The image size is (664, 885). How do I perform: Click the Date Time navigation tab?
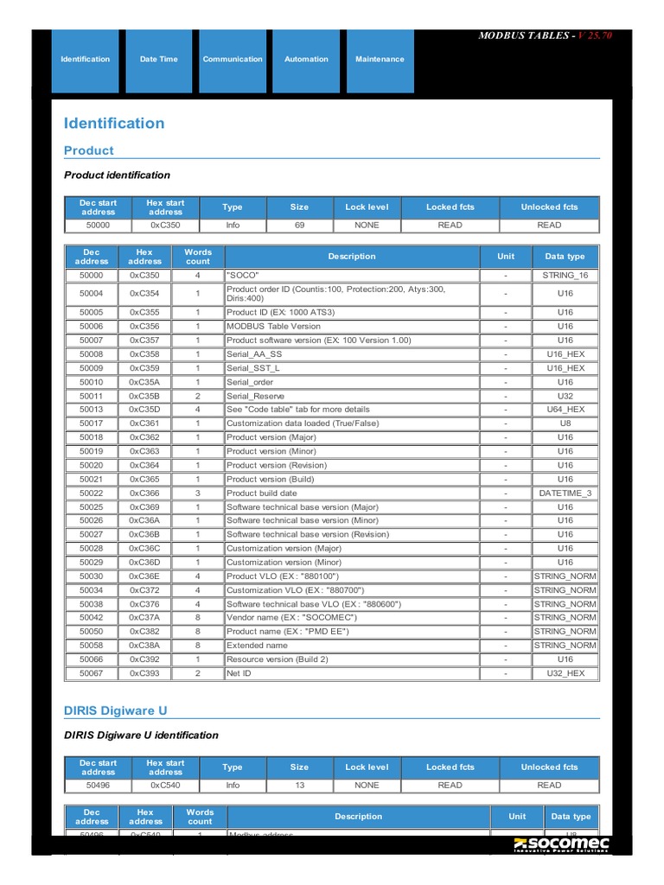pyautogui.click(x=158, y=60)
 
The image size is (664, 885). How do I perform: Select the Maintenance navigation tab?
pyautogui.click(x=379, y=60)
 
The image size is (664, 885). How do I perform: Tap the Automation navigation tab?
pyautogui.click(x=306, y=60)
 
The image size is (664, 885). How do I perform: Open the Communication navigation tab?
pyautogui.click(x=233, y=60)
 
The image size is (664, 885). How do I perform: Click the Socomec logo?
pyautogui.click(x=561, y=844)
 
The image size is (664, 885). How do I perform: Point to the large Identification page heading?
pyautogui.click(x=114, y=124)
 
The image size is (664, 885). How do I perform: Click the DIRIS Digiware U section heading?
pyautogui.click(x=116, y=710)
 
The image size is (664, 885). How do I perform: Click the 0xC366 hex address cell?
pyautogui.click(x=144, y=493)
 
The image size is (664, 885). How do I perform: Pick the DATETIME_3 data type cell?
pyautogui.click(x=565, y=493)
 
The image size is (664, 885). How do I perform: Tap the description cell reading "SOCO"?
pyautogui.click(x=243, y=276)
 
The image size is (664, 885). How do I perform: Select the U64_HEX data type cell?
pyautogui.click(x=565, y=410)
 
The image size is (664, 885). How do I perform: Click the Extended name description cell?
pyautogui.click(x=257, y=646)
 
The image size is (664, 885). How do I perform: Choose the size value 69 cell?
pyautogui.click(x=299, y=226)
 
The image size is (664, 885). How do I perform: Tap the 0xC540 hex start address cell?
pyautogui.click(x=165, y=786)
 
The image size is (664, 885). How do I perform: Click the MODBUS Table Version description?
pyautogui.click(x=273, y=327)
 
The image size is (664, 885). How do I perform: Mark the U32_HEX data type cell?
pyautogui.click(x=565, y=673)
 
